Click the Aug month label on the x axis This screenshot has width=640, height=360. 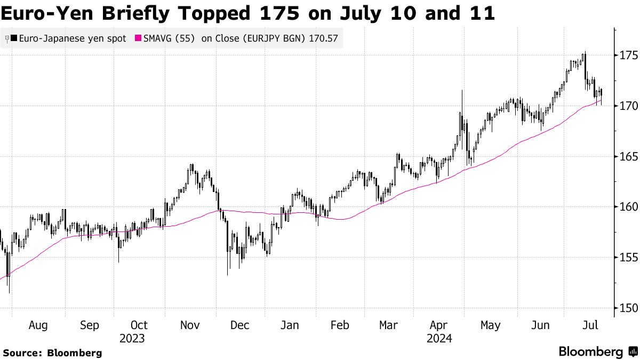pyautogui.click(x=38, y=325)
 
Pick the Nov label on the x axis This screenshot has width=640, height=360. pyautogui.click(x=190, y=325)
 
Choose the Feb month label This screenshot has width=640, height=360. pyautogui.click(x=340, y=325)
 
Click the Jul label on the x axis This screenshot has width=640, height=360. pyautogui.click(x=590, y=325)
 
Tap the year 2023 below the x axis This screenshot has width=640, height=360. pyautogui.click(x=132, y=339)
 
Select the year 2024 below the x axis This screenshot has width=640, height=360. pyautogui.click(x=439, y=339)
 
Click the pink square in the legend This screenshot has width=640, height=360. pyautogui.click(x=139, y=38)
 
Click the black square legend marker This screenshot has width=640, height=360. pyautogui.click(x=14, y=38)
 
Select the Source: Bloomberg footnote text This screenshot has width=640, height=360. pyautogui.click(x=52, y=353)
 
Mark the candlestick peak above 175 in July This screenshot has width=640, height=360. pyautogui.click(x=585, y=52)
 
